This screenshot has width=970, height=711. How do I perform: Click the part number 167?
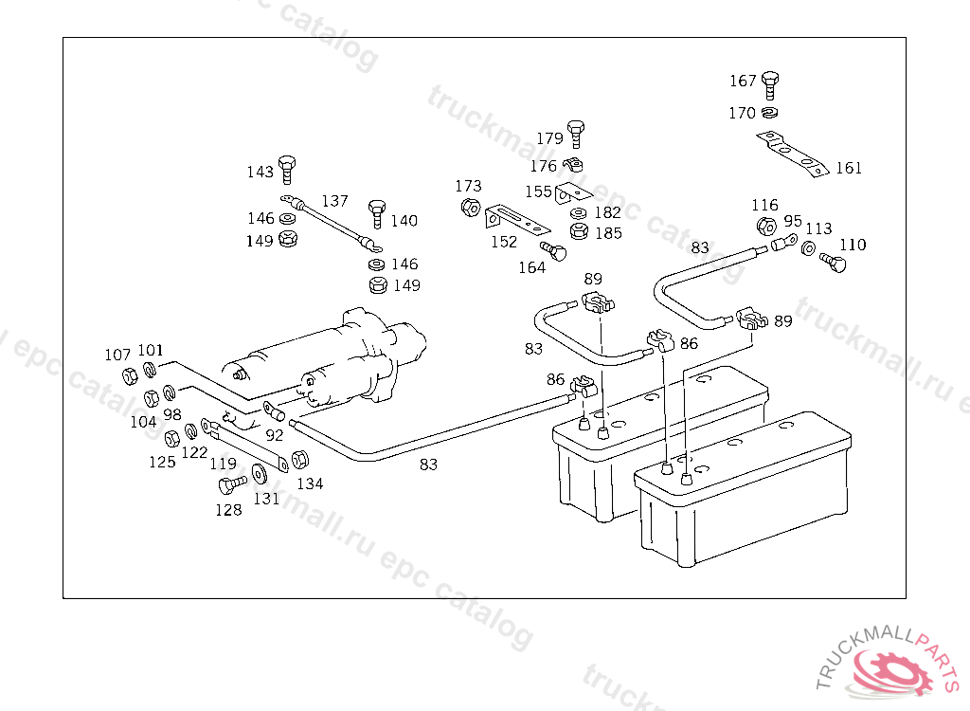coord(743,82)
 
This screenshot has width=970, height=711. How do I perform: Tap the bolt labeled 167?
coord(770,84)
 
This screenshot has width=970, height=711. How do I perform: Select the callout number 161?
coord(849,168)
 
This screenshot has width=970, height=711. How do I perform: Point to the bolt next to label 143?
coord(288,168)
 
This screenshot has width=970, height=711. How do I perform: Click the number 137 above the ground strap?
coord(334,201)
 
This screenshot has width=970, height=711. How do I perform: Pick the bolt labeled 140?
coord(377,213)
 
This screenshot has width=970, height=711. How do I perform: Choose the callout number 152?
coord(504,242)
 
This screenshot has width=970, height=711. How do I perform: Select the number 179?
coord(549,138)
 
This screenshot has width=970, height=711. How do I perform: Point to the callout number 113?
coord(818,228)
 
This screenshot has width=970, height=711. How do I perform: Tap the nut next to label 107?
coord(130,376)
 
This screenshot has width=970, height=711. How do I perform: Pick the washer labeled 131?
coord(260,473)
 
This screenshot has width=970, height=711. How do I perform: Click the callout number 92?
coord(274,436)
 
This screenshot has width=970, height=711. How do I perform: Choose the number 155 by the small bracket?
coord(538,191)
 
